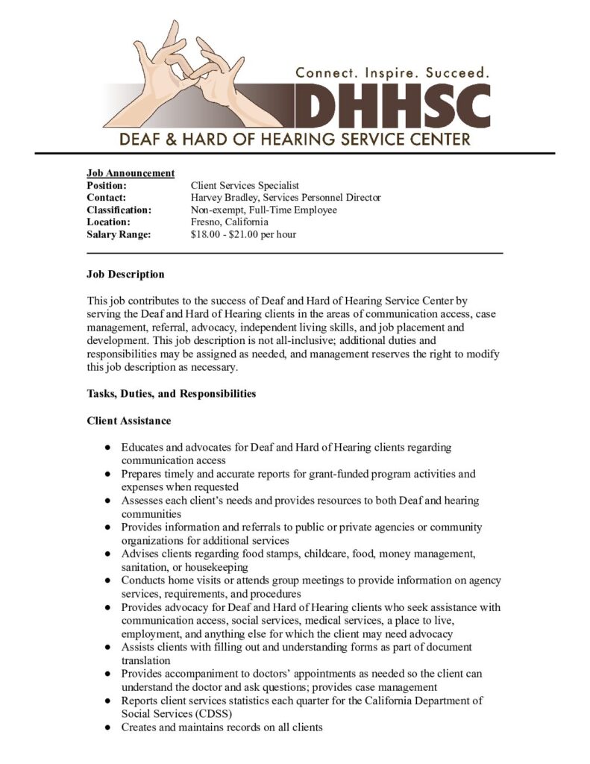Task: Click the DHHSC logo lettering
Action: (x=392, y=105)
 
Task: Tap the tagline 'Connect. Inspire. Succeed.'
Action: (x=392, y=73)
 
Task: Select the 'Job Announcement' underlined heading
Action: (x=131, y=173)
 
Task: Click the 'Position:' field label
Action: (x=107, y=186)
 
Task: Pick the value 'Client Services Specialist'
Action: (x=245, y=186)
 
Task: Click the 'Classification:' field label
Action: (x=119, y=210)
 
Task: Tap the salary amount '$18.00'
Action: (x=206, y=234)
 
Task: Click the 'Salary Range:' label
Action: (x=119, y=234)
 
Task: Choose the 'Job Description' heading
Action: (x=125, y=275)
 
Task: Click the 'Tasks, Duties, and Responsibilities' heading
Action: (x=172, y=394)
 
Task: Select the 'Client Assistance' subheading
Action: (x=129, y=421)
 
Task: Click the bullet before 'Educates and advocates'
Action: (x=108, y=448)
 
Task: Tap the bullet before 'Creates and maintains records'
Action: (x=108, y=727)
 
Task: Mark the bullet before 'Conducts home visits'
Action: (x=108, y=580)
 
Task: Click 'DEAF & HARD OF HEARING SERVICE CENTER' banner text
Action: (x=295, y=139)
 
